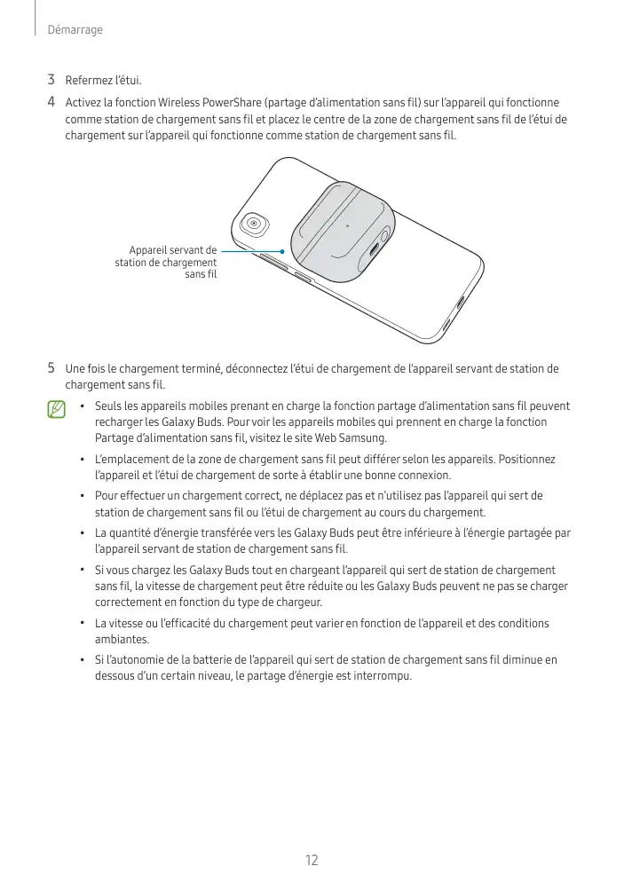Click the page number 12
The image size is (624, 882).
[312, 860]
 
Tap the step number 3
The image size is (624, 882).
[52, 82]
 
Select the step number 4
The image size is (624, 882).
[52, 102]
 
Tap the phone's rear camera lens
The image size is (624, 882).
[255, 224]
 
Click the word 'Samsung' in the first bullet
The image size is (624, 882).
[362, 439]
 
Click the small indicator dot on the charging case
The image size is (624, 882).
[347, 223]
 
